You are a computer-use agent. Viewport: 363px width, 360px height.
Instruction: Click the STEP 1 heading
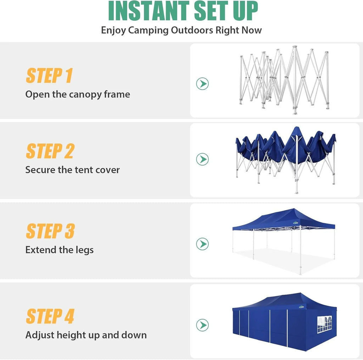click(49, 76)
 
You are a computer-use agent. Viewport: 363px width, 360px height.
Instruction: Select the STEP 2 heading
click(50, 151)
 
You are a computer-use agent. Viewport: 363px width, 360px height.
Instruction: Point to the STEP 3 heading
click(50, 231)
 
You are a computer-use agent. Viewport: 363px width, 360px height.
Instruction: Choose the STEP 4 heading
click(50, 316)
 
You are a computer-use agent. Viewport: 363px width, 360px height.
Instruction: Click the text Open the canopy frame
click(78, 94)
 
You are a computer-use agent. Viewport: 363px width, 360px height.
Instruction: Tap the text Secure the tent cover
click(72, 170)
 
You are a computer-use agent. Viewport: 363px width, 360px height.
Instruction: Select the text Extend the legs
click(60, 250)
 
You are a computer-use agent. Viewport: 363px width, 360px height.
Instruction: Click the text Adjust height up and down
click(86, 335)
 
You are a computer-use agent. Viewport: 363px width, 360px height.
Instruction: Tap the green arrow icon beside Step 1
click(202, 84)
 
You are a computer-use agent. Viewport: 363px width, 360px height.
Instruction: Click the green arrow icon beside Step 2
click(202, 159)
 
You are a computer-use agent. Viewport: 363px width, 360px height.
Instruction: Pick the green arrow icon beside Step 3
click(202, 244)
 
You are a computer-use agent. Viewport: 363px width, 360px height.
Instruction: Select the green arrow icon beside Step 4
click(202, 325)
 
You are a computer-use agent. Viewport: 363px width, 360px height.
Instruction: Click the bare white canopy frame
click(284, 80)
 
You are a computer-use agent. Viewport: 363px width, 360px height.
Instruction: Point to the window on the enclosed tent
click(324, 325)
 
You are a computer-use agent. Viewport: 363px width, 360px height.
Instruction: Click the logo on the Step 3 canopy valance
click(296, 223)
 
